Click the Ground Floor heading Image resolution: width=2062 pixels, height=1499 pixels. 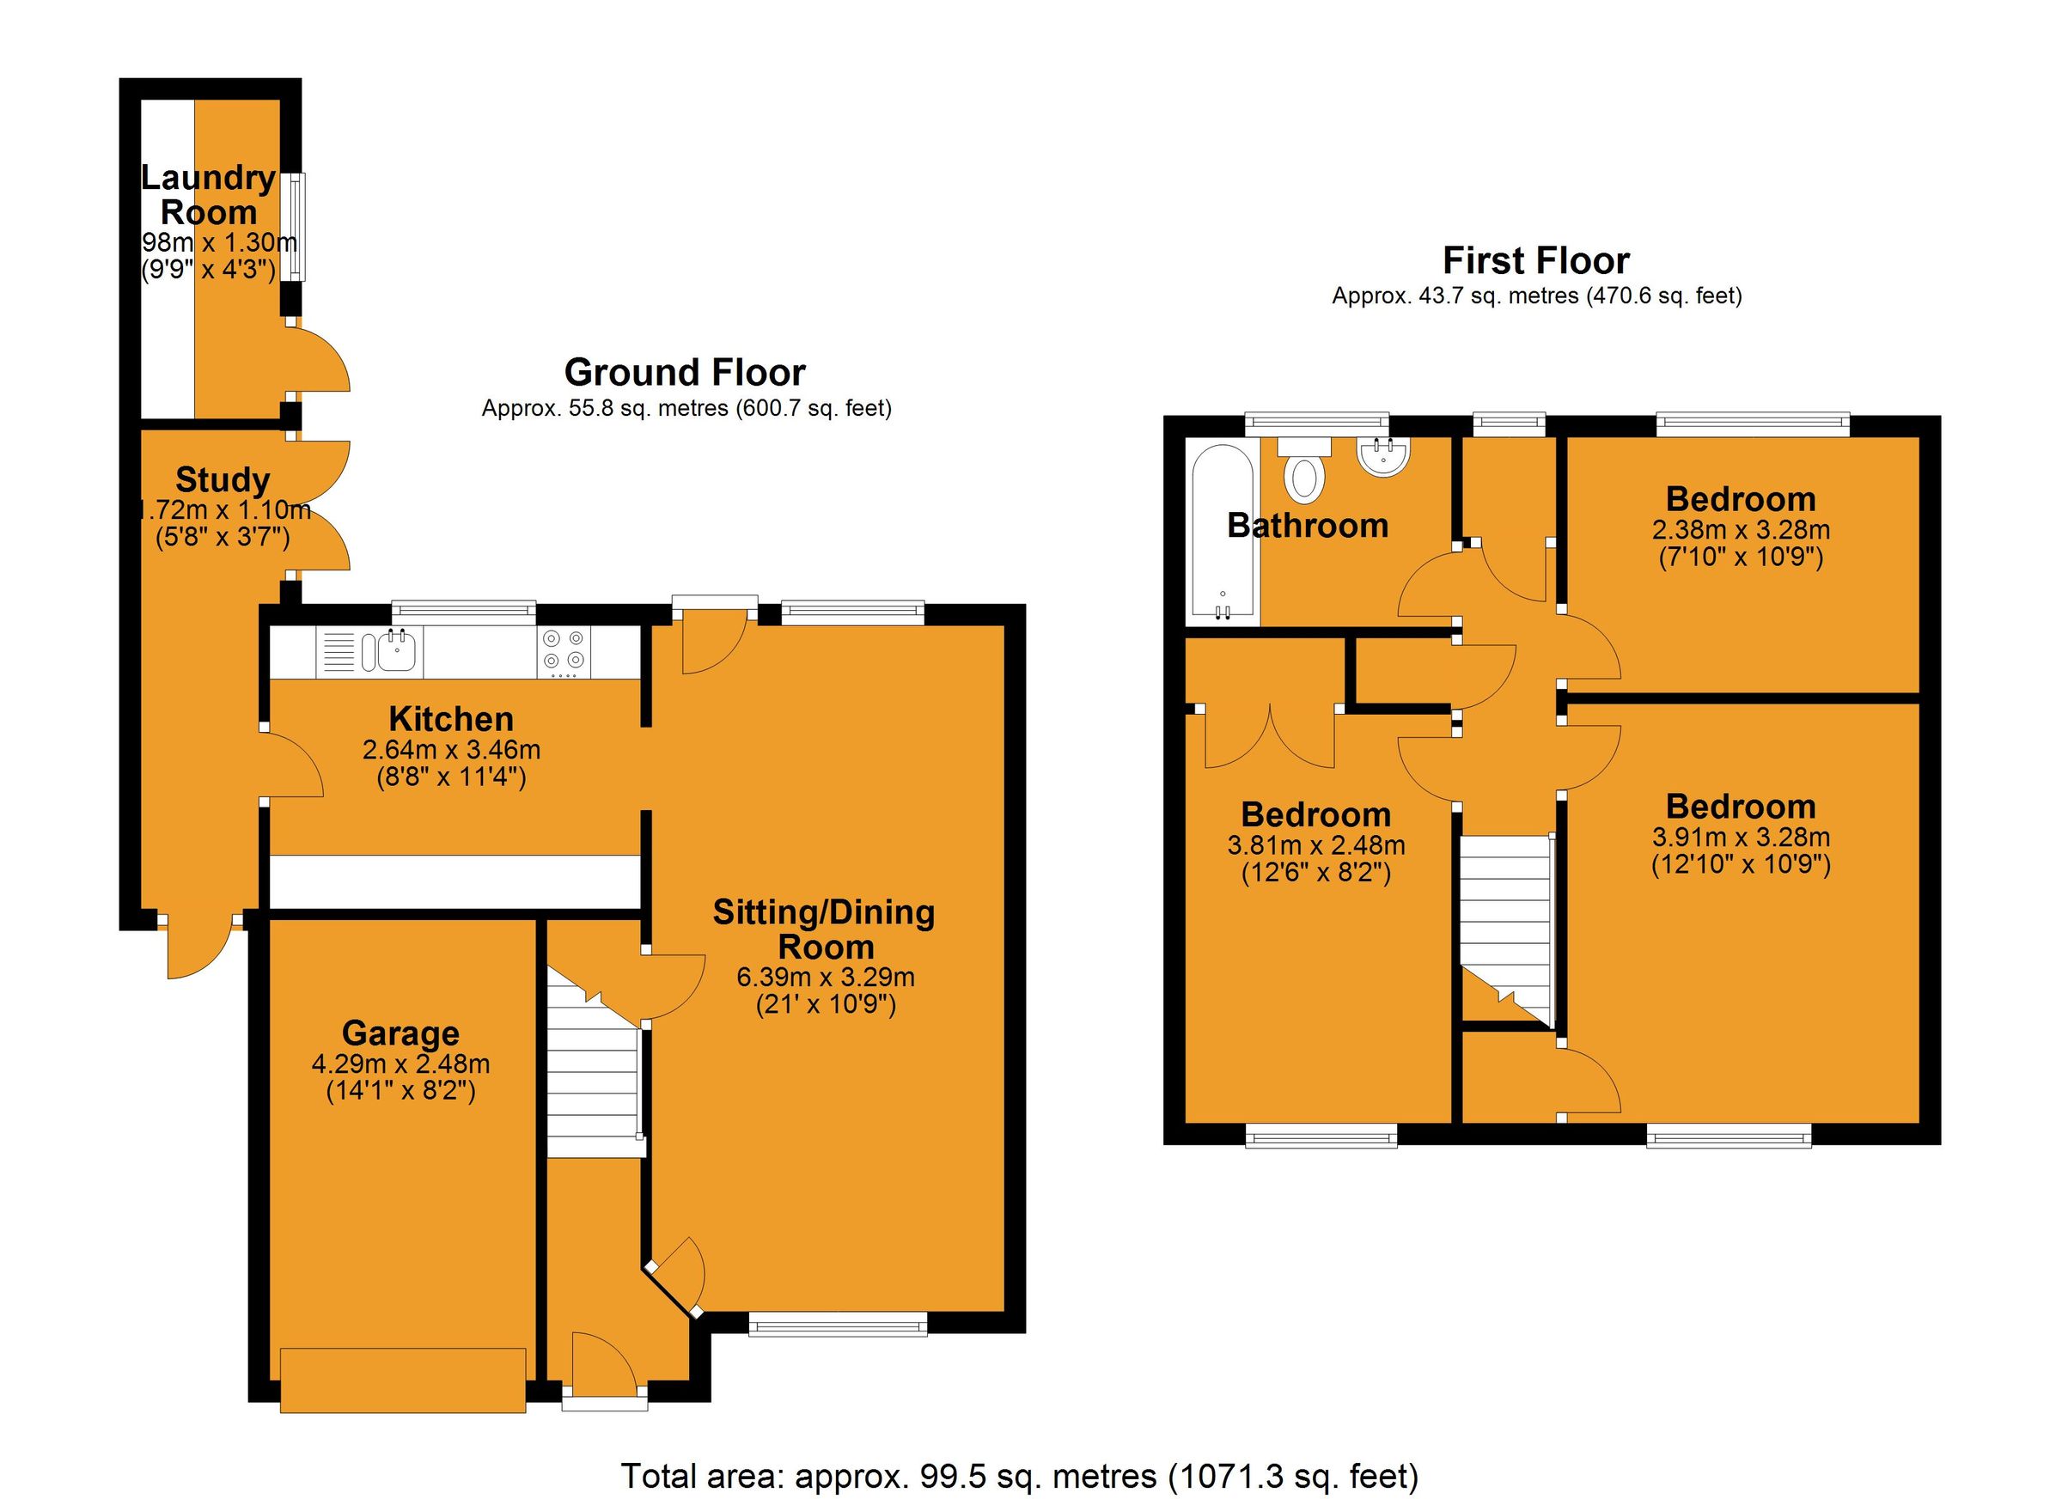click(684, 373)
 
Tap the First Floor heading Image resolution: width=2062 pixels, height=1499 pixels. click(1534, 261)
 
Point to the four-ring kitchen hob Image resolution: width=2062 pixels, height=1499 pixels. click(563, 651)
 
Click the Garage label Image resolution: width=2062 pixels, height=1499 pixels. click(400, 1033)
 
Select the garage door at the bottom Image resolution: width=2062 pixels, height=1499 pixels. click(403, 1380)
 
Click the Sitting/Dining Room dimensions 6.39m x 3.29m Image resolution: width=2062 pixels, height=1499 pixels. click(825, 978)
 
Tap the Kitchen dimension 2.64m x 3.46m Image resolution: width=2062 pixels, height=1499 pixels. click(451, 750)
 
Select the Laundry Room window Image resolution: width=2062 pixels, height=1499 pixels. click(294, 228)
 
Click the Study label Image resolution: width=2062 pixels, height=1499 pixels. click(222, 480)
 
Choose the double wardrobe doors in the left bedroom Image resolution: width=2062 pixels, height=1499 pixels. click(1269, 736)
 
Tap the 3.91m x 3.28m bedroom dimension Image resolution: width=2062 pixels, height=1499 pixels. click(1740, 837)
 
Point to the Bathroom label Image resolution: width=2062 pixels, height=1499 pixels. click(1307, 526)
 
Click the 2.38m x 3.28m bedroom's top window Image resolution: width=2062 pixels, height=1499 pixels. click(1752, 423)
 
